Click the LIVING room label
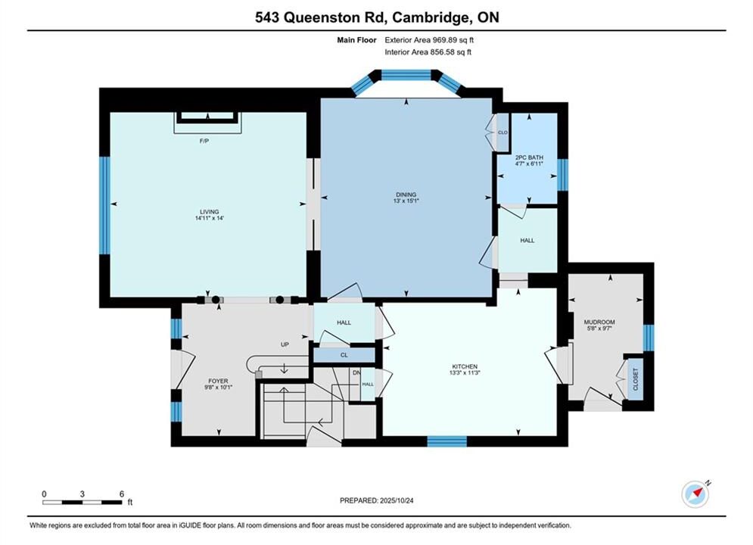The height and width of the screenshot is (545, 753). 210,212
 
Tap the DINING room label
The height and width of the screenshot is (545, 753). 406,195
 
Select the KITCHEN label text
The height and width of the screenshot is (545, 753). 465,366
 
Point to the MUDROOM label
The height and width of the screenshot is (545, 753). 599,322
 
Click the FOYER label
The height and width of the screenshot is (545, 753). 218,381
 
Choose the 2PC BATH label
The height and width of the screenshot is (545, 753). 529,157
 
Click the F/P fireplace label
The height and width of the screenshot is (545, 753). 204,142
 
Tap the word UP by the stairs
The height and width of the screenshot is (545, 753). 285,344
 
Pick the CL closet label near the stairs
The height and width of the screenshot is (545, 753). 344,355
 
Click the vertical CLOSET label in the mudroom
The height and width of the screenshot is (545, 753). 636,379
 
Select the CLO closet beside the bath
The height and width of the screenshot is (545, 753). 503,132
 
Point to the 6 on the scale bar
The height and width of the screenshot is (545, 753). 122,494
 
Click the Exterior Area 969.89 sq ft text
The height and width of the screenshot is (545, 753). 429,40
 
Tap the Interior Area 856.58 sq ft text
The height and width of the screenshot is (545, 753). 428,52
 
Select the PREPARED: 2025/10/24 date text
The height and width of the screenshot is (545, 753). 377,500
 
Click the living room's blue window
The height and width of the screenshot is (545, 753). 104,205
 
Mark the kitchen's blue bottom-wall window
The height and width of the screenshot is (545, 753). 447,441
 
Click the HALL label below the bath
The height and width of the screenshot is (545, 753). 527,241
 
